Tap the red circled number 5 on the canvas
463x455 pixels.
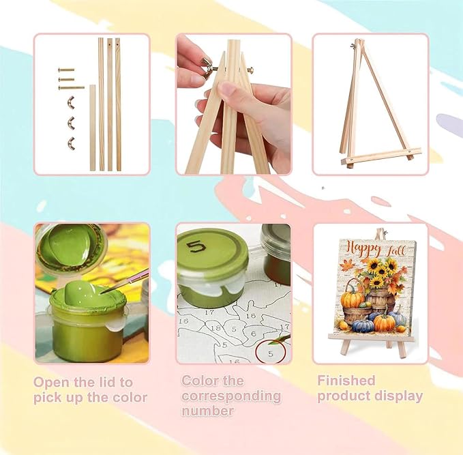tap(271, 353)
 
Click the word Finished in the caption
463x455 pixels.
tap(346, 381)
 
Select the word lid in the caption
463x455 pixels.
tap(108, 382)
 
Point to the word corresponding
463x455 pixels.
tap(231, 396)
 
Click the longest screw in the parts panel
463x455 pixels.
tap(72, 87)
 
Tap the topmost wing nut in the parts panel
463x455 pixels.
tap(71, 102)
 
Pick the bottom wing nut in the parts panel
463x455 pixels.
tap(71, 143)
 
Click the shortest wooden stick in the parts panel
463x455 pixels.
tap(93, 128)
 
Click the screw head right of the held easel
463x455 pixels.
tap(250, 70)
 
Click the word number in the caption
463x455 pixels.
tap(207, 411)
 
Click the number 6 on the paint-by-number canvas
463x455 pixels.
tap(253, 334)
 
